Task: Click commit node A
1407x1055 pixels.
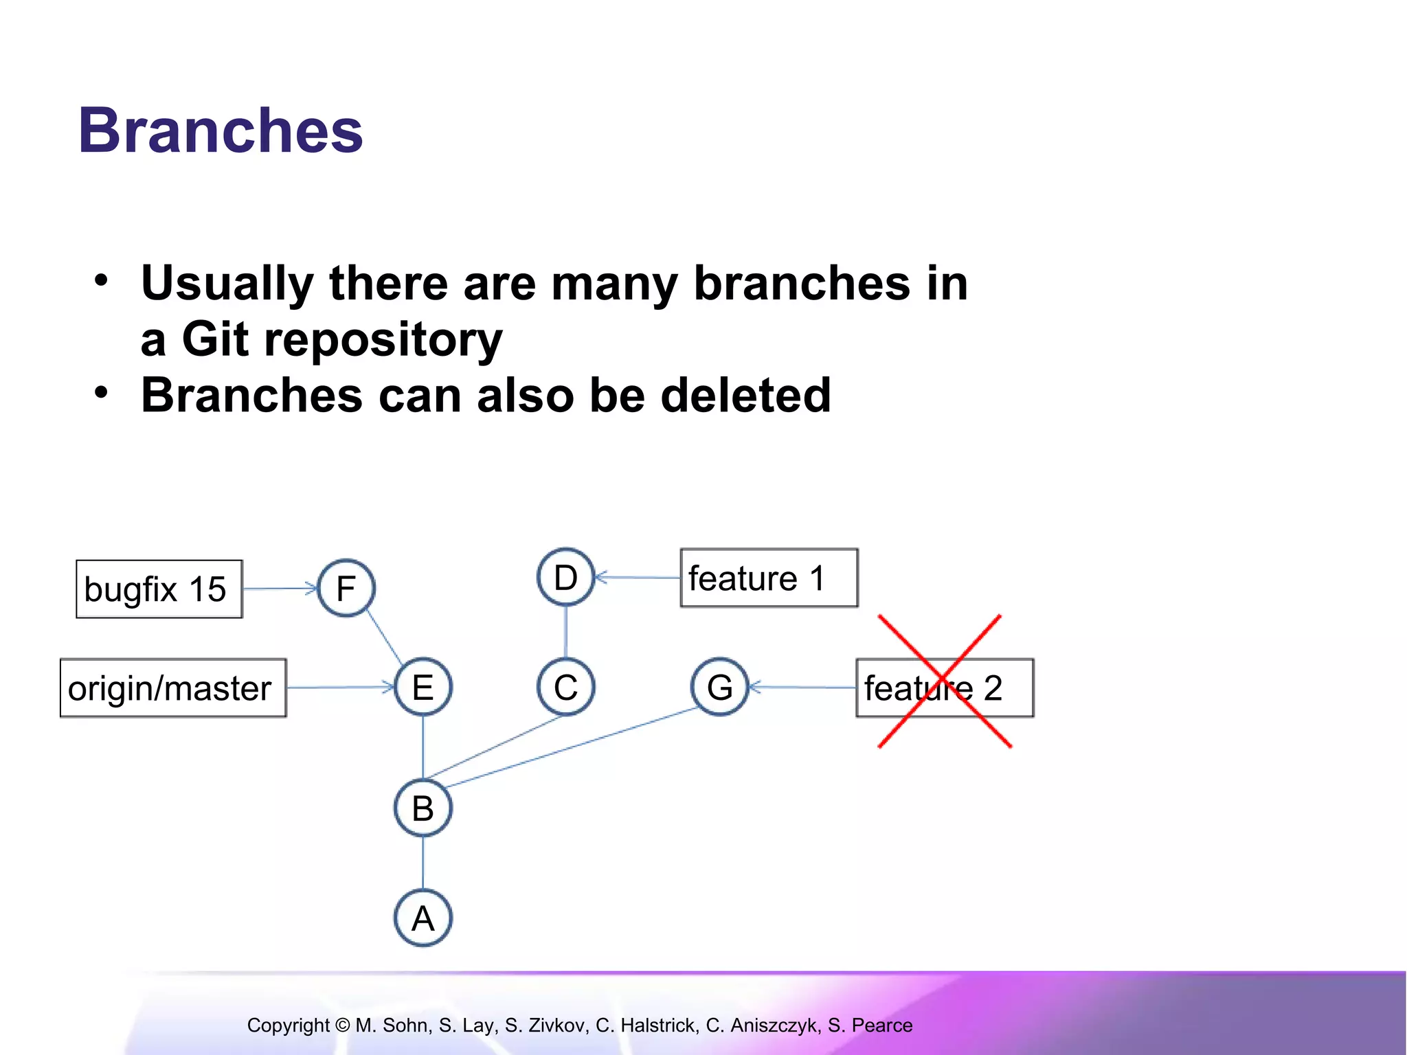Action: pyautogui.click(x=423, y=918)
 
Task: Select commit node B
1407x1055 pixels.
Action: pyautogui.click(x=423, y=808)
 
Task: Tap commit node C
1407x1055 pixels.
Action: pyautogui.click(x=565, y=687)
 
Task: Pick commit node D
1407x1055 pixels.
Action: pyautogui.click(x=565, y=577)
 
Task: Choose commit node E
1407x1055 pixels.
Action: pyautogui.click(x=423, y=687)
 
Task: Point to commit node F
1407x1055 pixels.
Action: pyautogui.click(x=346, y=588)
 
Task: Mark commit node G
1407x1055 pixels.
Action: pyautogui.click(x=719, y=687)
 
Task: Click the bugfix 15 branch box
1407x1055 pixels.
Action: pyautogui.click(x=159, y=589)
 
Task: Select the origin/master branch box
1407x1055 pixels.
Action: pyautogui.click(x=172, y=688)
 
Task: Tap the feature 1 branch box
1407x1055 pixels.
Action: pyautogui.click(x=769, y=578)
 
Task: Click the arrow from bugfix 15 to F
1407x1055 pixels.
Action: pyautogui.click(x=280, y=589)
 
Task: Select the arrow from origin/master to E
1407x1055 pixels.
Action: pyautogui.click(x=340, y=687)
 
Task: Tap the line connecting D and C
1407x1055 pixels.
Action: pyautogui.click(x=565, y=632)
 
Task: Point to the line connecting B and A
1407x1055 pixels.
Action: pyautogui.click(x=423, y=863)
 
